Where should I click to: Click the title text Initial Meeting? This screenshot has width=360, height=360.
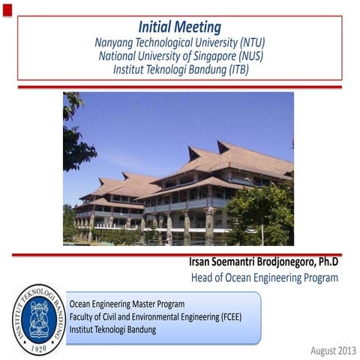[x=180, y=28]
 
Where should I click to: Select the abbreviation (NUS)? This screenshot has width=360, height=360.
[x=247, y=56]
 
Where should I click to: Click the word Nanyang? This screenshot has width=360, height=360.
[x=114, y=43]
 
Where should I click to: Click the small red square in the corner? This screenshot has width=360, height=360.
[x=7, y=7]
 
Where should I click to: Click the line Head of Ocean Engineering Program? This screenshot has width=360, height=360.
[x=260, y=278]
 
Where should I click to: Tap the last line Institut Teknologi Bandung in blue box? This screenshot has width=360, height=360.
[x=112, y=329]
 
